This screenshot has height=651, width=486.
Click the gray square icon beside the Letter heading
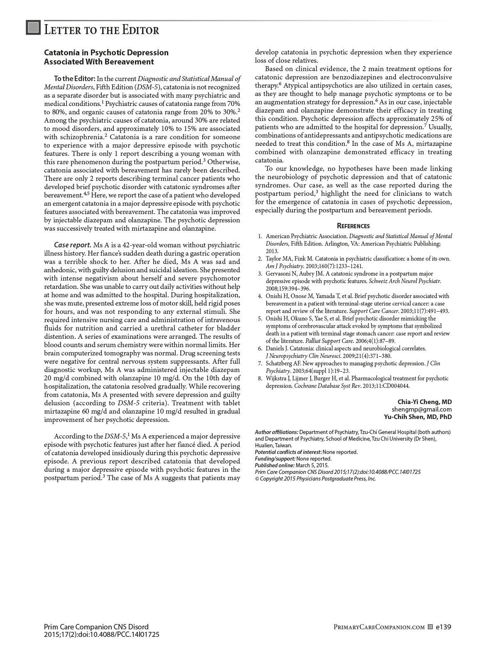coord(33,28)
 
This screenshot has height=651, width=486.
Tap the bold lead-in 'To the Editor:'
coord(75,79)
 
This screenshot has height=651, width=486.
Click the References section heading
coord(353,226)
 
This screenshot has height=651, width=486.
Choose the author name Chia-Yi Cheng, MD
coord(425,402)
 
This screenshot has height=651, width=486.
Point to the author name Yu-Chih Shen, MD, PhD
coord(417,417)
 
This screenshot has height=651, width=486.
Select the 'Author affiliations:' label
coord(276,432)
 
